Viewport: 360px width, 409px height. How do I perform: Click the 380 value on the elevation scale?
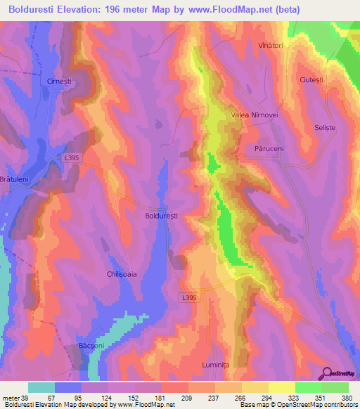click(x=346, y=397)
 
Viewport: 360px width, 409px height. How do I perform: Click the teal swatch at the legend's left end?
click(x=41, y=387)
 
